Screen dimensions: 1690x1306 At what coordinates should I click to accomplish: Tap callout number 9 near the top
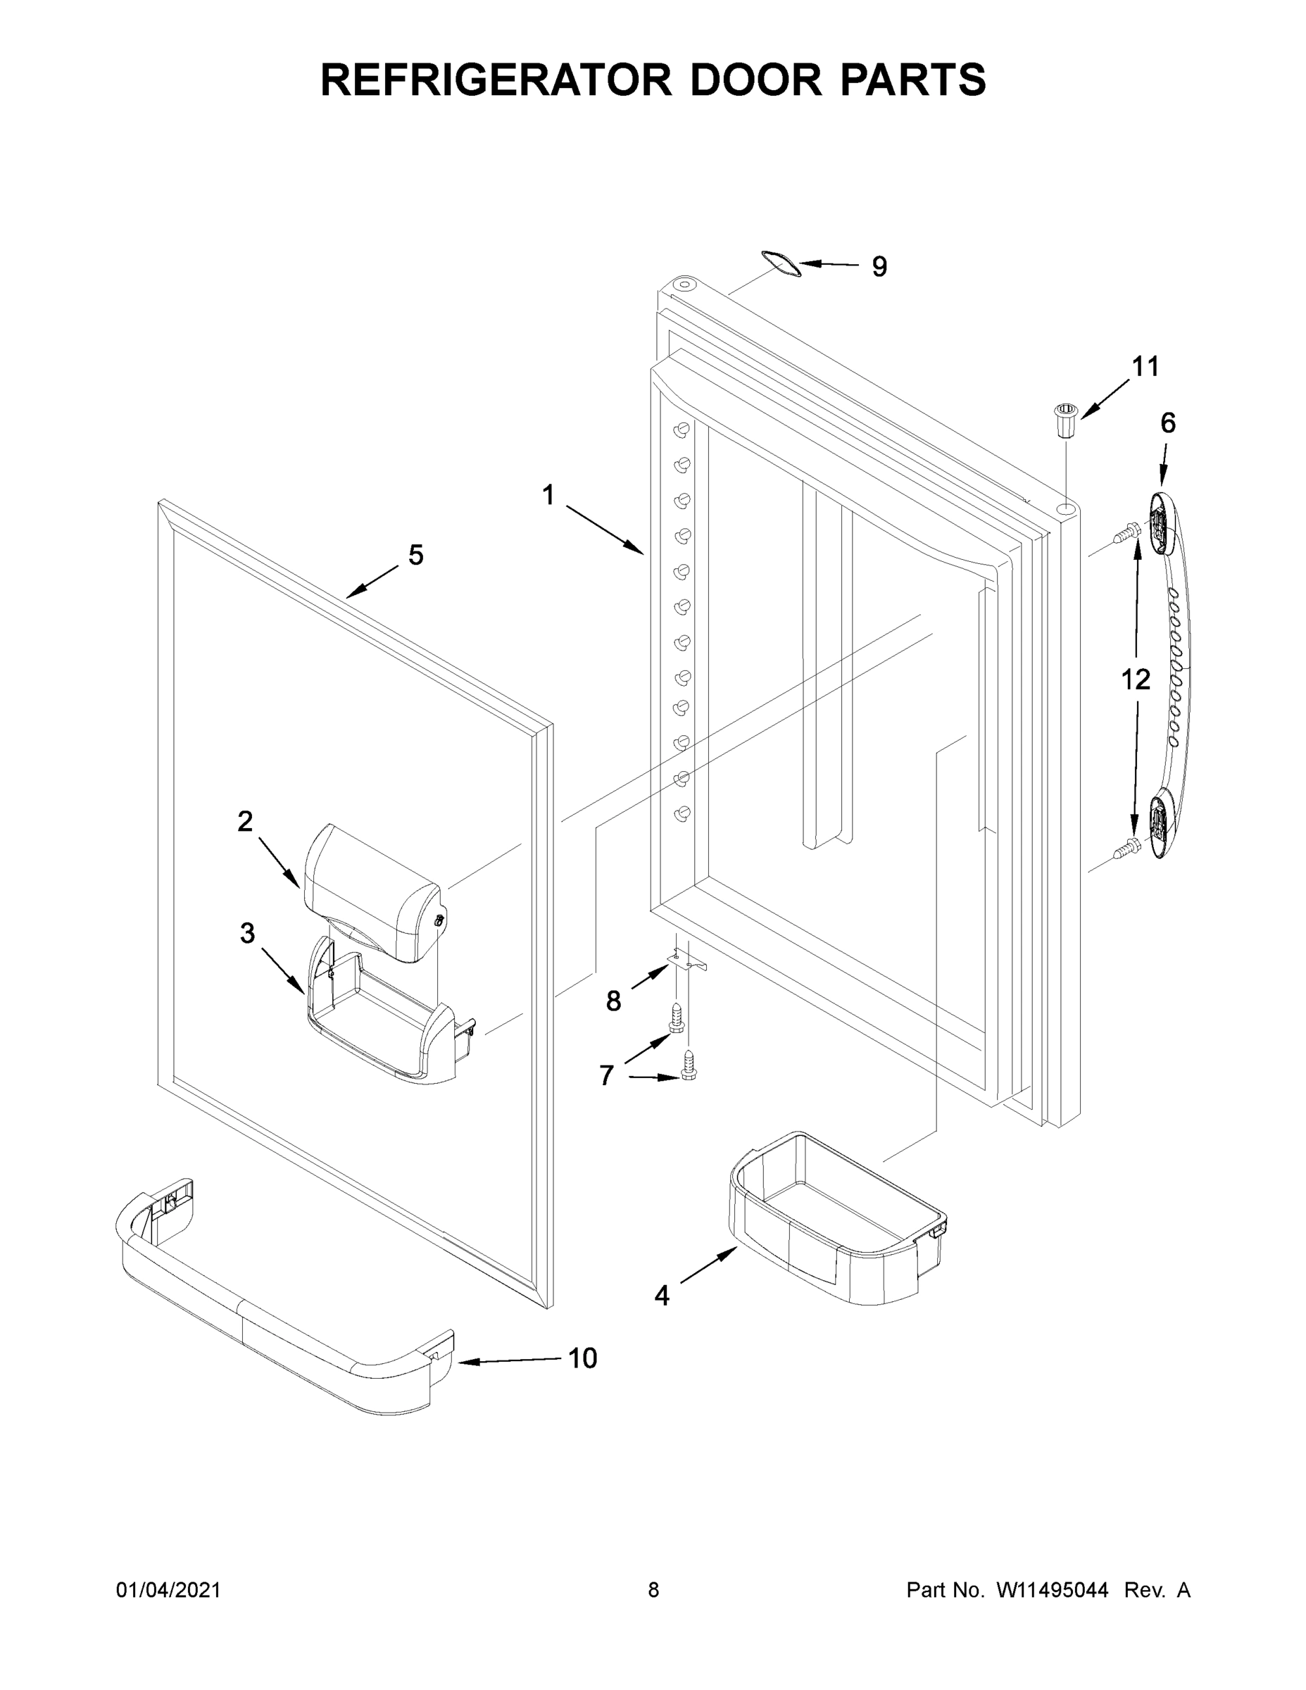pyautogui.click(x=879, y=266)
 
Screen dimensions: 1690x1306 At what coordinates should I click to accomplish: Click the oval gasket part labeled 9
pyautogui.click(x=779, y=264)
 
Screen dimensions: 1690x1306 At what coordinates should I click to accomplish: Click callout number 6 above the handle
pyautogui.click(x=1167, y=423)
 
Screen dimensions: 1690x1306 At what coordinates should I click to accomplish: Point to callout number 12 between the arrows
pyautogui.click(x=1136, y=680)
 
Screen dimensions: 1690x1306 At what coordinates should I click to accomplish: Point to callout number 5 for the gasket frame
pyautogui.click(x=415, y=555)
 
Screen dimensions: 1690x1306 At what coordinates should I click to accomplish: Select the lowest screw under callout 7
pyautogui.click(x=688, y=1064)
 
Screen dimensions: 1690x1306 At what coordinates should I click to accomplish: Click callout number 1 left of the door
pyautogui.click(x=548, y=495)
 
